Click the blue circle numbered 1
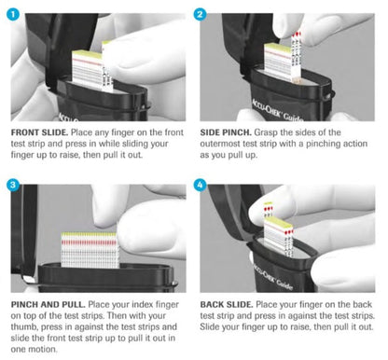click(13, 13)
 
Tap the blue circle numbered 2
click(200, 14)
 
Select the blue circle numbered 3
click(13, 185)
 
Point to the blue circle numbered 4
click(200, 185)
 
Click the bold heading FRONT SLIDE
click(39, 132)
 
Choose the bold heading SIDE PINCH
click(226, 132)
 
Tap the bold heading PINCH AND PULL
click(48, 305)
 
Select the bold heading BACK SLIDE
click(227, 305)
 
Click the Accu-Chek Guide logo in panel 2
click(276, 111)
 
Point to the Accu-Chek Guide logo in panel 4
click(272, 276)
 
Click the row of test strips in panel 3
click(90, 250)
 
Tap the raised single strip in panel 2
click(296, 56)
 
